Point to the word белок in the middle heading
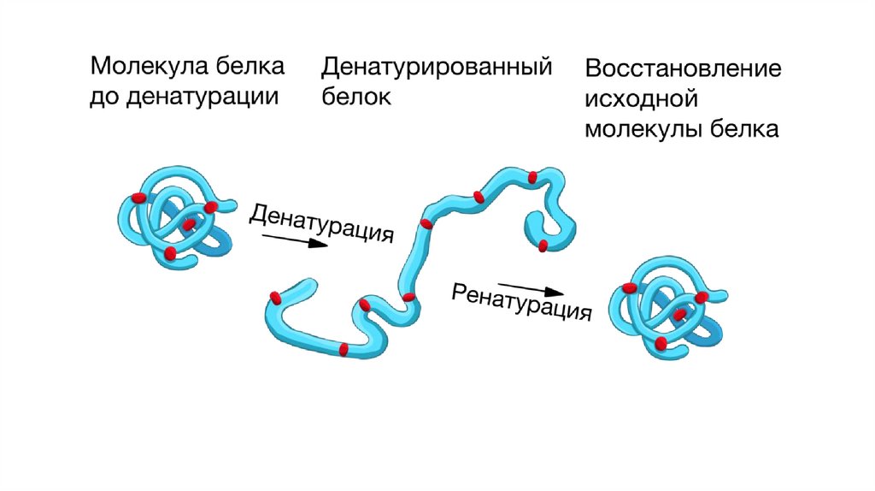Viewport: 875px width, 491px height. (355, 97)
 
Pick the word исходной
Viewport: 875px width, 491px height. (643, 99)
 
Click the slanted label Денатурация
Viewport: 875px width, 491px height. (321, 223)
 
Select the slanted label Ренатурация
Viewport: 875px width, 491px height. (521, 301)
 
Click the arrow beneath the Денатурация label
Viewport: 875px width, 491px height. (293, 240)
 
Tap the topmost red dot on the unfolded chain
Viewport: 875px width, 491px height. (533, 178)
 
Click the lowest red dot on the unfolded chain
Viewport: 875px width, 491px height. (344, 349)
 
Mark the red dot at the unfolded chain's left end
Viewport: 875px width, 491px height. (275, 297)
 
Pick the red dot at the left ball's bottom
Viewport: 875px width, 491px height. (170, 253)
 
